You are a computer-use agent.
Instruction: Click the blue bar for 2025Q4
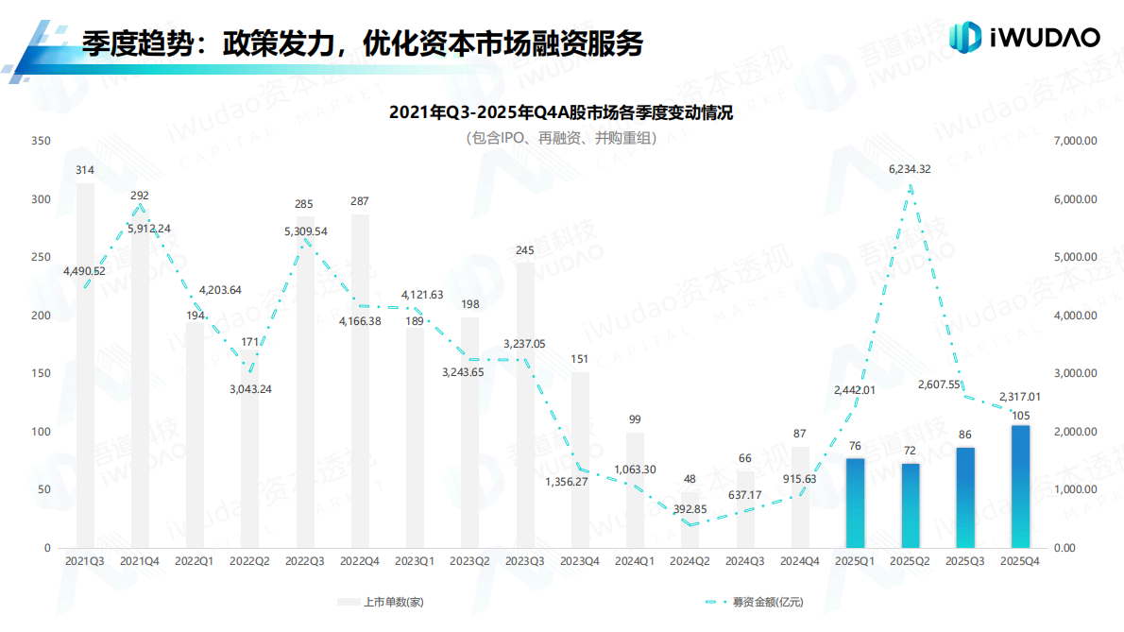(1020, 487)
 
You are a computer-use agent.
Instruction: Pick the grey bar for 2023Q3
(525, 405)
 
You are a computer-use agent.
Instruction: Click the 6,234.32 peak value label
(910, 170)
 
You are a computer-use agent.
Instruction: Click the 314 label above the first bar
(85, 170)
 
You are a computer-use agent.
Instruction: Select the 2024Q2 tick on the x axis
(690, 560)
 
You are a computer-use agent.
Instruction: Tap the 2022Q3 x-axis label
(304, 560)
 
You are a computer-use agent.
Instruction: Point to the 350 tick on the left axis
(41, 142)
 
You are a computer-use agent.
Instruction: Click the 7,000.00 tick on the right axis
(1075, 142)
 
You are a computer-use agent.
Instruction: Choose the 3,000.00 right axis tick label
(1075, 373)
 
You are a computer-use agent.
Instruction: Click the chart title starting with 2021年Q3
(561, 113)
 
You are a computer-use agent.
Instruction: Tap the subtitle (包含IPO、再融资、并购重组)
(561, 138)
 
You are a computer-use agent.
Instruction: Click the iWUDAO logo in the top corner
(1024, 38)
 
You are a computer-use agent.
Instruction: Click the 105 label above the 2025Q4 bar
(1020, 416)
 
